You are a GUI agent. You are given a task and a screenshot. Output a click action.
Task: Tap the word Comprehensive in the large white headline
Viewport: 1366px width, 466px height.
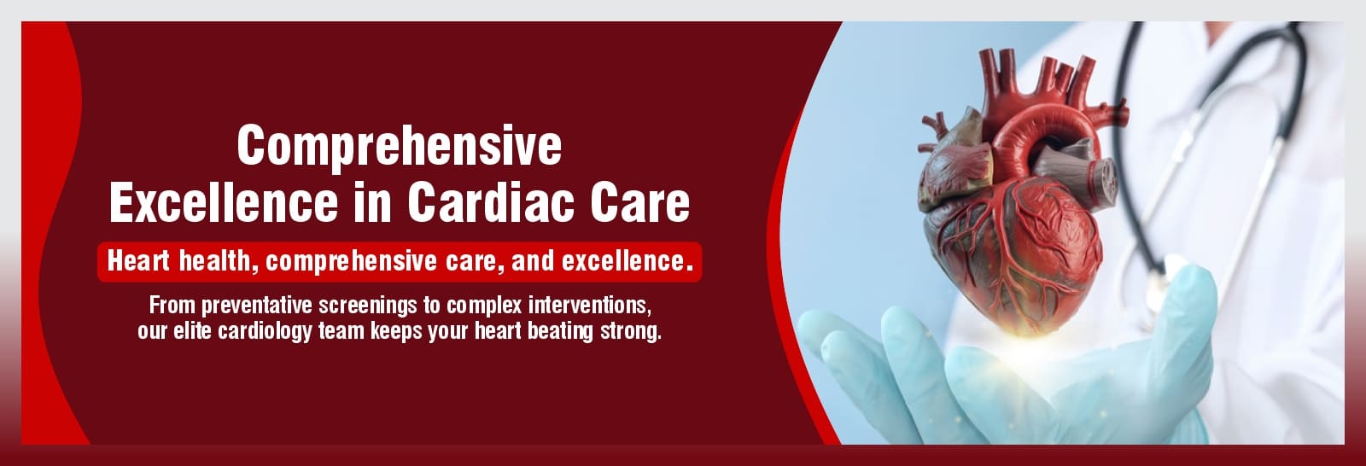coord(400,147)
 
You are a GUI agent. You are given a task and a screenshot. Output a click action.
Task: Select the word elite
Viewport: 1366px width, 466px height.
coord(193,331)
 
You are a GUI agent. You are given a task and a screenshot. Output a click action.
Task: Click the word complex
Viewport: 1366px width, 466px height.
coord(484,306)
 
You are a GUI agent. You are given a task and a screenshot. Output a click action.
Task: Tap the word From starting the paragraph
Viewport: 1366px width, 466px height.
coord(172,305)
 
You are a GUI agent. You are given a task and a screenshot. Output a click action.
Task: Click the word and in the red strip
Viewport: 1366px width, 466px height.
coord(533,261)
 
